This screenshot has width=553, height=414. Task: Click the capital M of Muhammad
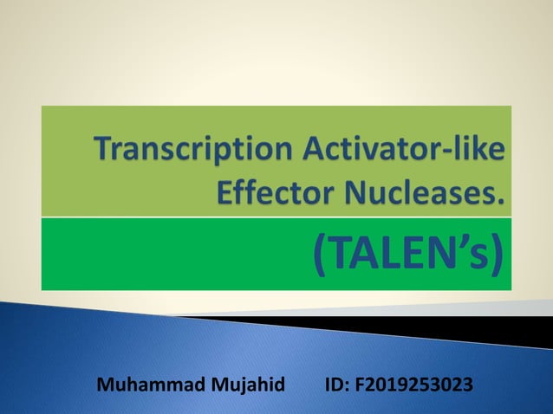click(x=107, y=383)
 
